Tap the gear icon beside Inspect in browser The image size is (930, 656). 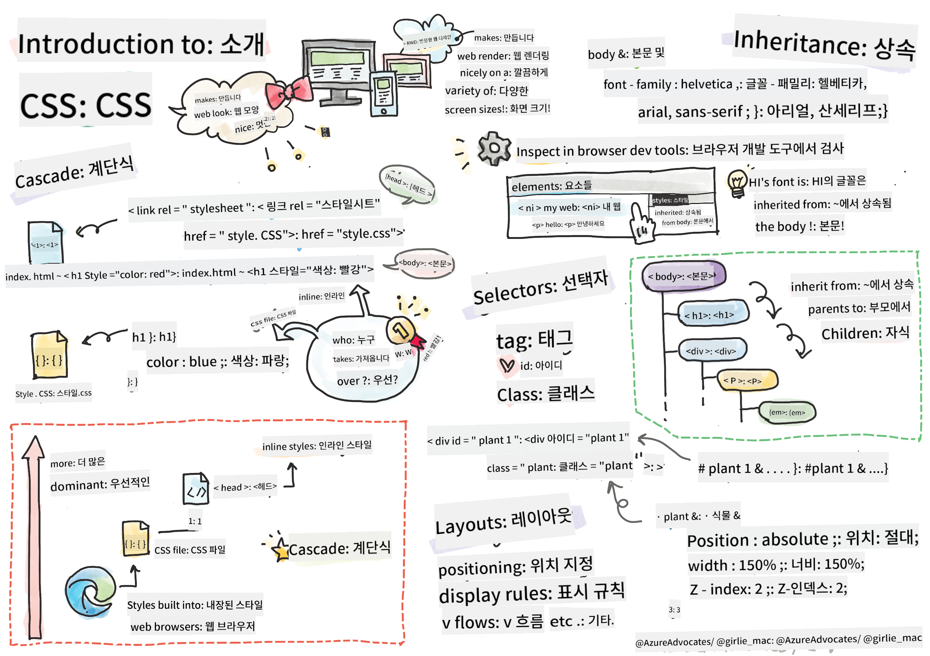coord(493,148)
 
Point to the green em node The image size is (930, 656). coord(786,413)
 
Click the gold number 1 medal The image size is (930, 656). coord(401,330)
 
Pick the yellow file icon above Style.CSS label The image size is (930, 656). coord(49,355)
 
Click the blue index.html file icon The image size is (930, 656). coord(45,242)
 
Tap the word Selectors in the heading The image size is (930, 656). coord(515,292)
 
